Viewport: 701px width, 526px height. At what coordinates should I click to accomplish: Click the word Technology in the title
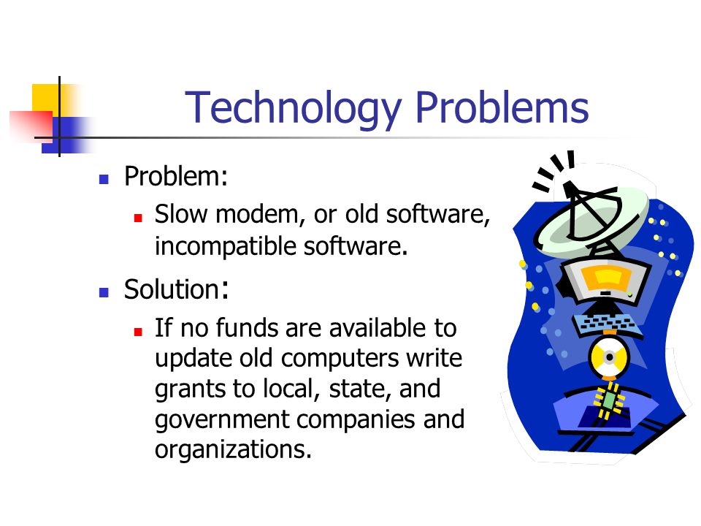coord(292,108)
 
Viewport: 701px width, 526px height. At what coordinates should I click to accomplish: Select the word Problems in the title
coord(502,107)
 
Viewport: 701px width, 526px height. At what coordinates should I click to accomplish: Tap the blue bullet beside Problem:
coord(104,180)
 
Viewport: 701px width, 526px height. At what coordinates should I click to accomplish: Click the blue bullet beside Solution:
coord(104,292)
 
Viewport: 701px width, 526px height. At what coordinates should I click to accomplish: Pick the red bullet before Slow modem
coord(138,218)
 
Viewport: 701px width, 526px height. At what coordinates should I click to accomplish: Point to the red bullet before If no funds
coord(138,332)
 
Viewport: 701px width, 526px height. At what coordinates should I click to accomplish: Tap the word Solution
coord(172,289)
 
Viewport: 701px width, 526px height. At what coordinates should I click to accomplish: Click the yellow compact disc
coord(608,357)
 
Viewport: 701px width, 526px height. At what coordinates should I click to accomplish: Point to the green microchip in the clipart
coord(608,400)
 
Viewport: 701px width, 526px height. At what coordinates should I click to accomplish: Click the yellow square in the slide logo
coord(46,99)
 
